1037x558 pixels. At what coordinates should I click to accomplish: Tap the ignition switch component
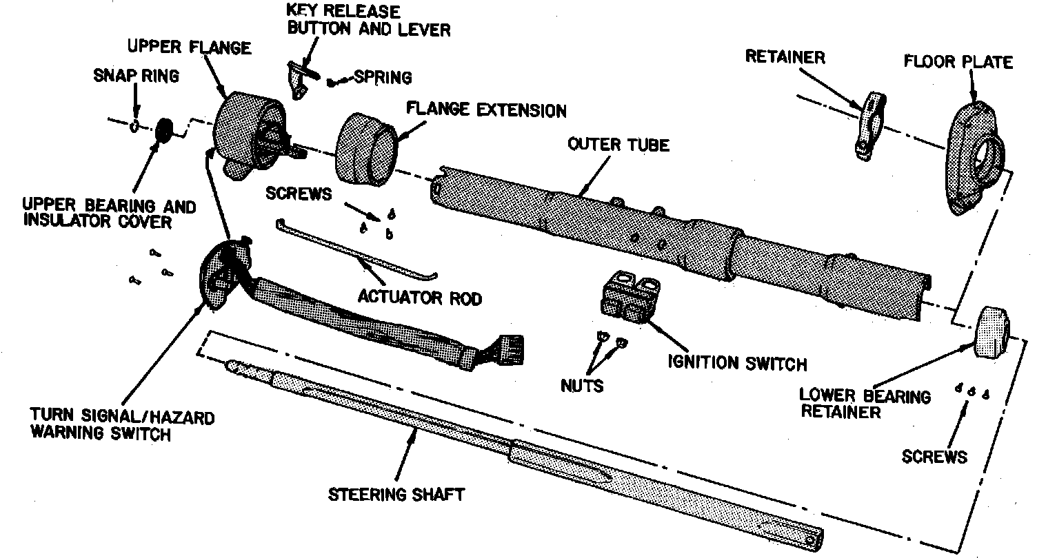coord(630,298)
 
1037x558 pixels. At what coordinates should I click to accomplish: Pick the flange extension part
coord(365,149)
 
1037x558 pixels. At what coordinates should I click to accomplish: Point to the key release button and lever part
coord(300,77)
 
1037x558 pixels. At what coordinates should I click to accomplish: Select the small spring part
coord(333,82)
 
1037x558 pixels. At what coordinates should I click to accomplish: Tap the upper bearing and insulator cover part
coord(165,130)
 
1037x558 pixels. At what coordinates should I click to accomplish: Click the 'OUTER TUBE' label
coord(618,145)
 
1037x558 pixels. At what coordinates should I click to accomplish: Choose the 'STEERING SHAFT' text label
coord(396,494)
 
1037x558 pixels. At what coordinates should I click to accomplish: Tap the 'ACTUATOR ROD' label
coord(420,297)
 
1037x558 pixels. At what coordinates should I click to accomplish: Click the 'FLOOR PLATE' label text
coord(958,62)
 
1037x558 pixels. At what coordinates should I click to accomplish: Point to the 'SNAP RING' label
coord(136,76)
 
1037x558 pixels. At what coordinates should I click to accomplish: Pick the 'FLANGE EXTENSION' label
coord(486,110)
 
